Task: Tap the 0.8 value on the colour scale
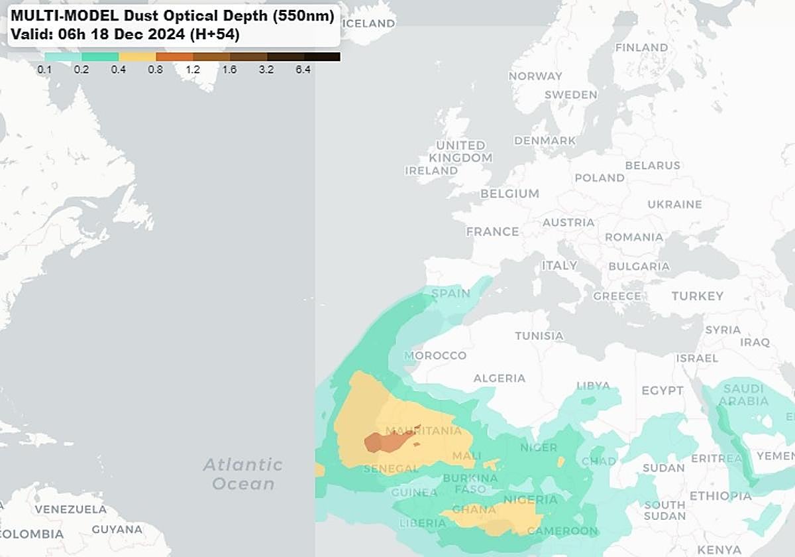pos(156,69)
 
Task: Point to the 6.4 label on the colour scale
pos(303,69)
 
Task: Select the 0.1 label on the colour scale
pos(45,69)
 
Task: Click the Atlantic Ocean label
pos(243,474)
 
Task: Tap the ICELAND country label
pos(369,23)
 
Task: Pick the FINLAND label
pos(641,47)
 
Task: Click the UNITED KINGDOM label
pos(460,151)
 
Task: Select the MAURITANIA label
pos(423,431)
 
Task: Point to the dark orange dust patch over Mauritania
pos(388,440)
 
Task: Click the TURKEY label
pos(697,296)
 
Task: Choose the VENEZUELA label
pos(71,509)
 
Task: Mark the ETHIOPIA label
pos(720,496)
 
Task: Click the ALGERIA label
pos(499,378)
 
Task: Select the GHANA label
pos(474,509)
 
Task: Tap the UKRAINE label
pos(674,204)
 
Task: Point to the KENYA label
pos(719,550)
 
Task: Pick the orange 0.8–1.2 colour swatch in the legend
pos(174,57)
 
